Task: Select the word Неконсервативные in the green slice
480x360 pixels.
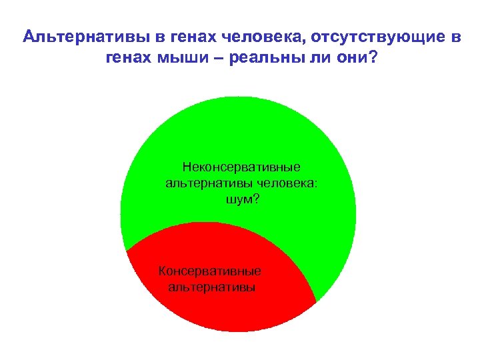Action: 241,166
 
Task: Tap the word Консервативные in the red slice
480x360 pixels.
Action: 210,271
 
